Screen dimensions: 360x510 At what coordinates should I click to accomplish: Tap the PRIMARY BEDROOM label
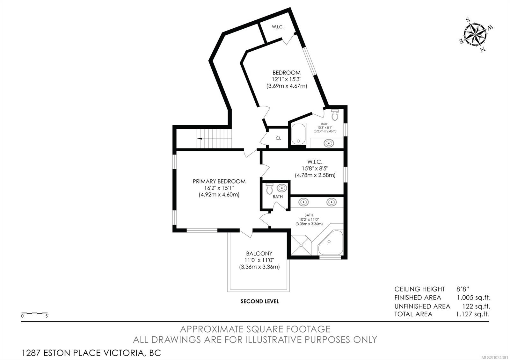pos(219,181)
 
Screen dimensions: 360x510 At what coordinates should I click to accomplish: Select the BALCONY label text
pos(259,254)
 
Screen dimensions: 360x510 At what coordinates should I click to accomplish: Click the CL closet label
pos(278,138)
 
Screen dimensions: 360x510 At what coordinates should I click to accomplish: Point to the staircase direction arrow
pos(200,139)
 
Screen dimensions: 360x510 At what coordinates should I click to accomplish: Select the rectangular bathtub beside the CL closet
pos(298,134)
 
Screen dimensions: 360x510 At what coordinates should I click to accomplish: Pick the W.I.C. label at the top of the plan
pos(278,27)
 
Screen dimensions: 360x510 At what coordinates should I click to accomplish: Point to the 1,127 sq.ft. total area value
pos(473,314)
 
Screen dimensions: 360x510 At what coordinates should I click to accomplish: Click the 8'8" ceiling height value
pos(462,289)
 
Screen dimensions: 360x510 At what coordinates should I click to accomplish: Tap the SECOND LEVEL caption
pos(259,301)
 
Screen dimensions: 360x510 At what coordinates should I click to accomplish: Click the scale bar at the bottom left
pos(34,313)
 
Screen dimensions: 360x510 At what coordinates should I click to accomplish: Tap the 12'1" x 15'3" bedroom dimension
pos(287,79)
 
